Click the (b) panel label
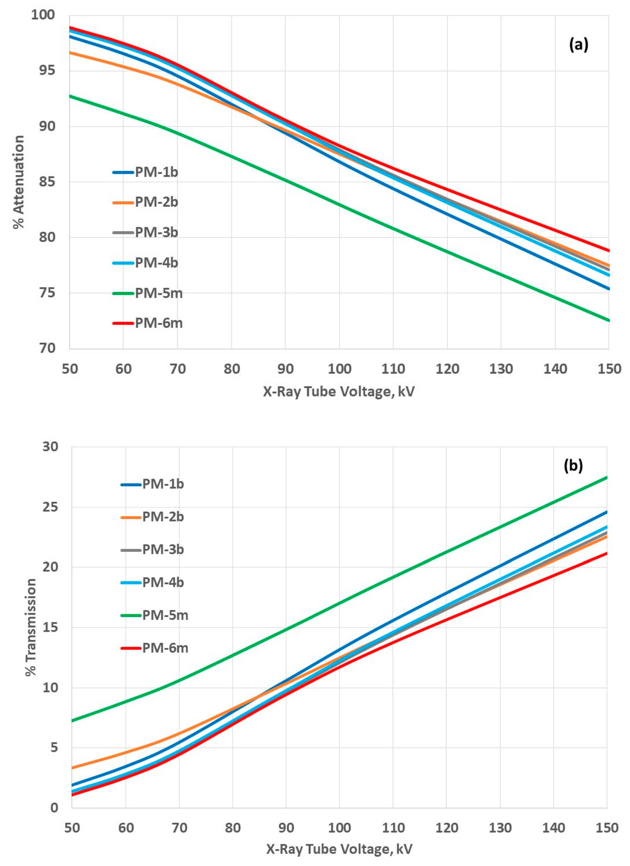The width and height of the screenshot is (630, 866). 573,466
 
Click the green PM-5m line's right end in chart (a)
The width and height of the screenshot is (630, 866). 608,320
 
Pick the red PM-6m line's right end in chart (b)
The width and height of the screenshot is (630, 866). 606,553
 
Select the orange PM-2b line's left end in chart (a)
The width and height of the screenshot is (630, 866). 70,52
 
